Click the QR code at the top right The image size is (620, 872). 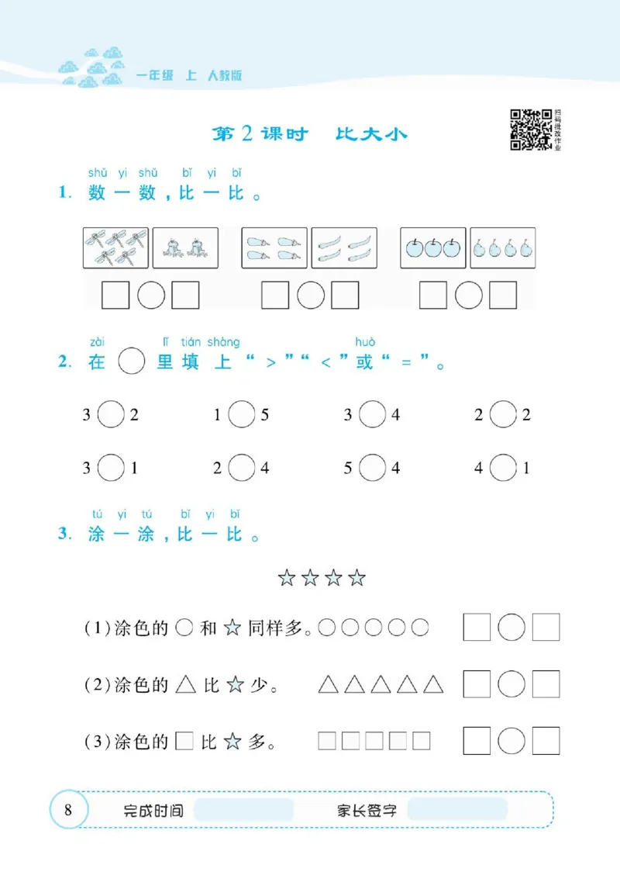coord(530,128)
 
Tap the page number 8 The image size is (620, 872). coord(68,811)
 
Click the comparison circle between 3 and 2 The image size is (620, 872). coord(112,415)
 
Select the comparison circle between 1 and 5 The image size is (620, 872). coord(242,415)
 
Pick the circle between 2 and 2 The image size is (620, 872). coord(504,415)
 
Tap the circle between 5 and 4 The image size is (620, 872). coord(373,468)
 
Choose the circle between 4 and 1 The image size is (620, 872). coord(504,468)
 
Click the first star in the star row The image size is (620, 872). coord(287,578)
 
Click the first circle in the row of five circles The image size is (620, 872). coord(326,628)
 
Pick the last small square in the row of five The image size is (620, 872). coord(422,741)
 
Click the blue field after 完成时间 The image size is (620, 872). coord(243,811)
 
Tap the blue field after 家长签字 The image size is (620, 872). coord(456,811)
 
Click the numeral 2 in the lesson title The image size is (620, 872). coord(246,133)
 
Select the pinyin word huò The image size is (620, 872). coord(365,342)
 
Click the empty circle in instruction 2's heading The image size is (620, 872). coord(132,362)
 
